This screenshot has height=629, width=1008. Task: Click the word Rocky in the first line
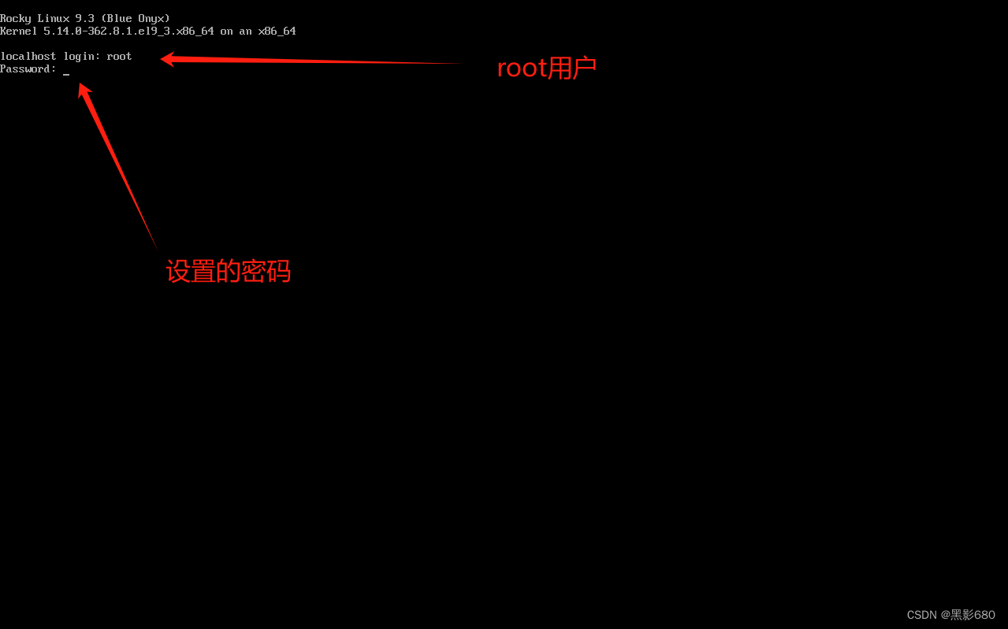(16, 18)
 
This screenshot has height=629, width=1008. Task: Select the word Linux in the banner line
(54, 18)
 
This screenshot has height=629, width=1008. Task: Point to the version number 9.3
(85, 18)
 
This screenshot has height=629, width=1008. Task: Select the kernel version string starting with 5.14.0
(128, 31)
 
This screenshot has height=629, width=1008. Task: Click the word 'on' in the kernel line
(226, 31)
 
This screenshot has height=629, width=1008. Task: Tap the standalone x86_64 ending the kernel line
(277, 31)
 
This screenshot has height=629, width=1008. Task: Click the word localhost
(28, 57)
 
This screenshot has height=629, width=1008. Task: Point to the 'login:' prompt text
(82, 57)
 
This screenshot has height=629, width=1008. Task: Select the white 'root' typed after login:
(119, 57)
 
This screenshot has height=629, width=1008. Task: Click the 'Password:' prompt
(28, 69)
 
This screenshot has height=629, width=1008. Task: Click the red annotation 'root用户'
(546, 68)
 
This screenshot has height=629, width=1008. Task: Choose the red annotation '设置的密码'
(228, 272)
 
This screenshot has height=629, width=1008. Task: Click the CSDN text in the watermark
(921, 615)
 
